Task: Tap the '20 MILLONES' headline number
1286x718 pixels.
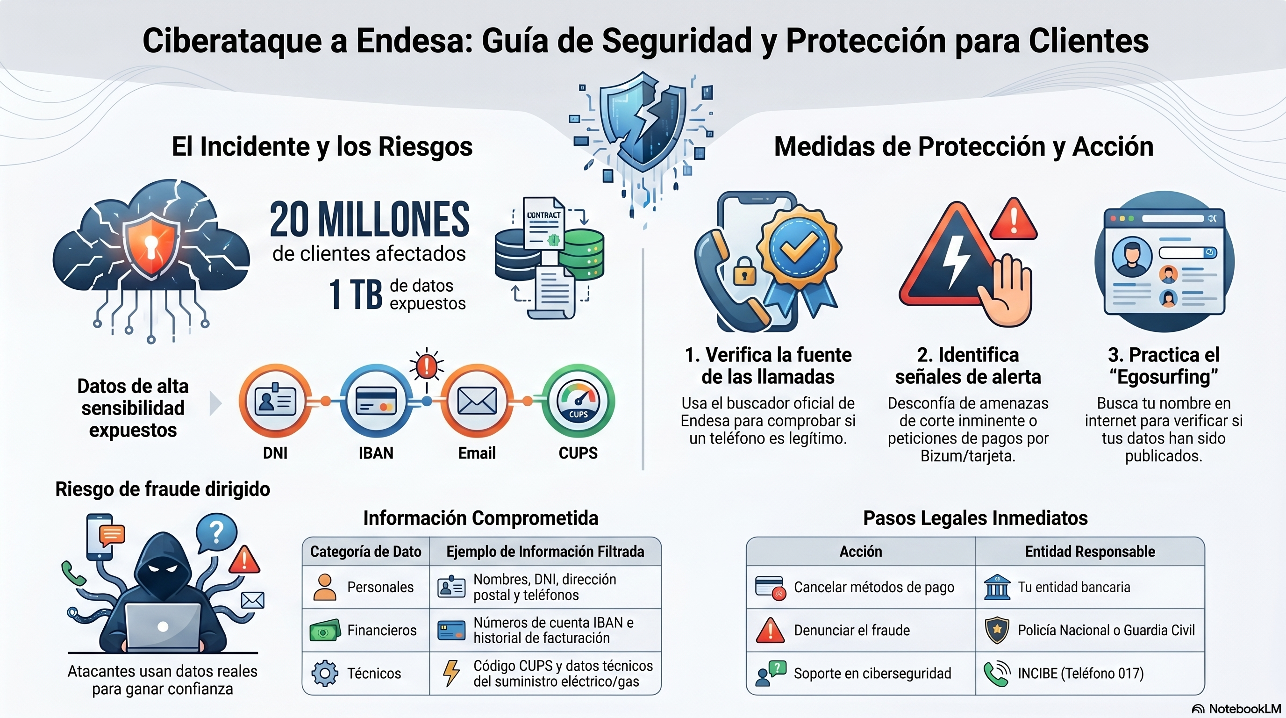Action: coord(370,220)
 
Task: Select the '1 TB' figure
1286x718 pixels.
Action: coord(356,294)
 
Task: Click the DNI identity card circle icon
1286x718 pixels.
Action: coord(275,401)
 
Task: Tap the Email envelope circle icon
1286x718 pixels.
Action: coord(477,401)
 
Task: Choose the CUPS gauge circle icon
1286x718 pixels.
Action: coord(578,401)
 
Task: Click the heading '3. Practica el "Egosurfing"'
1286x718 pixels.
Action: coord(1163,366)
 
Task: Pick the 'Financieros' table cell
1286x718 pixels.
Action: coord(381,630)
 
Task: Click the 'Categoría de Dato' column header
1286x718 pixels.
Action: coord(365,551)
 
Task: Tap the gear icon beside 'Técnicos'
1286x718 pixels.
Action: coord(324,673)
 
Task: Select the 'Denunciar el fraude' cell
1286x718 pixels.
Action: coord(852,630)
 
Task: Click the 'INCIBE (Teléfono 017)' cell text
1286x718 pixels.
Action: coord(1080,673)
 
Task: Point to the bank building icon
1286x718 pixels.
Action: coord(997,587)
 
